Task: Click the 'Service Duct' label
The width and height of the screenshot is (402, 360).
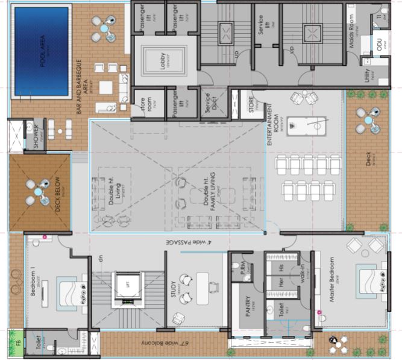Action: click(x=207, y=104)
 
